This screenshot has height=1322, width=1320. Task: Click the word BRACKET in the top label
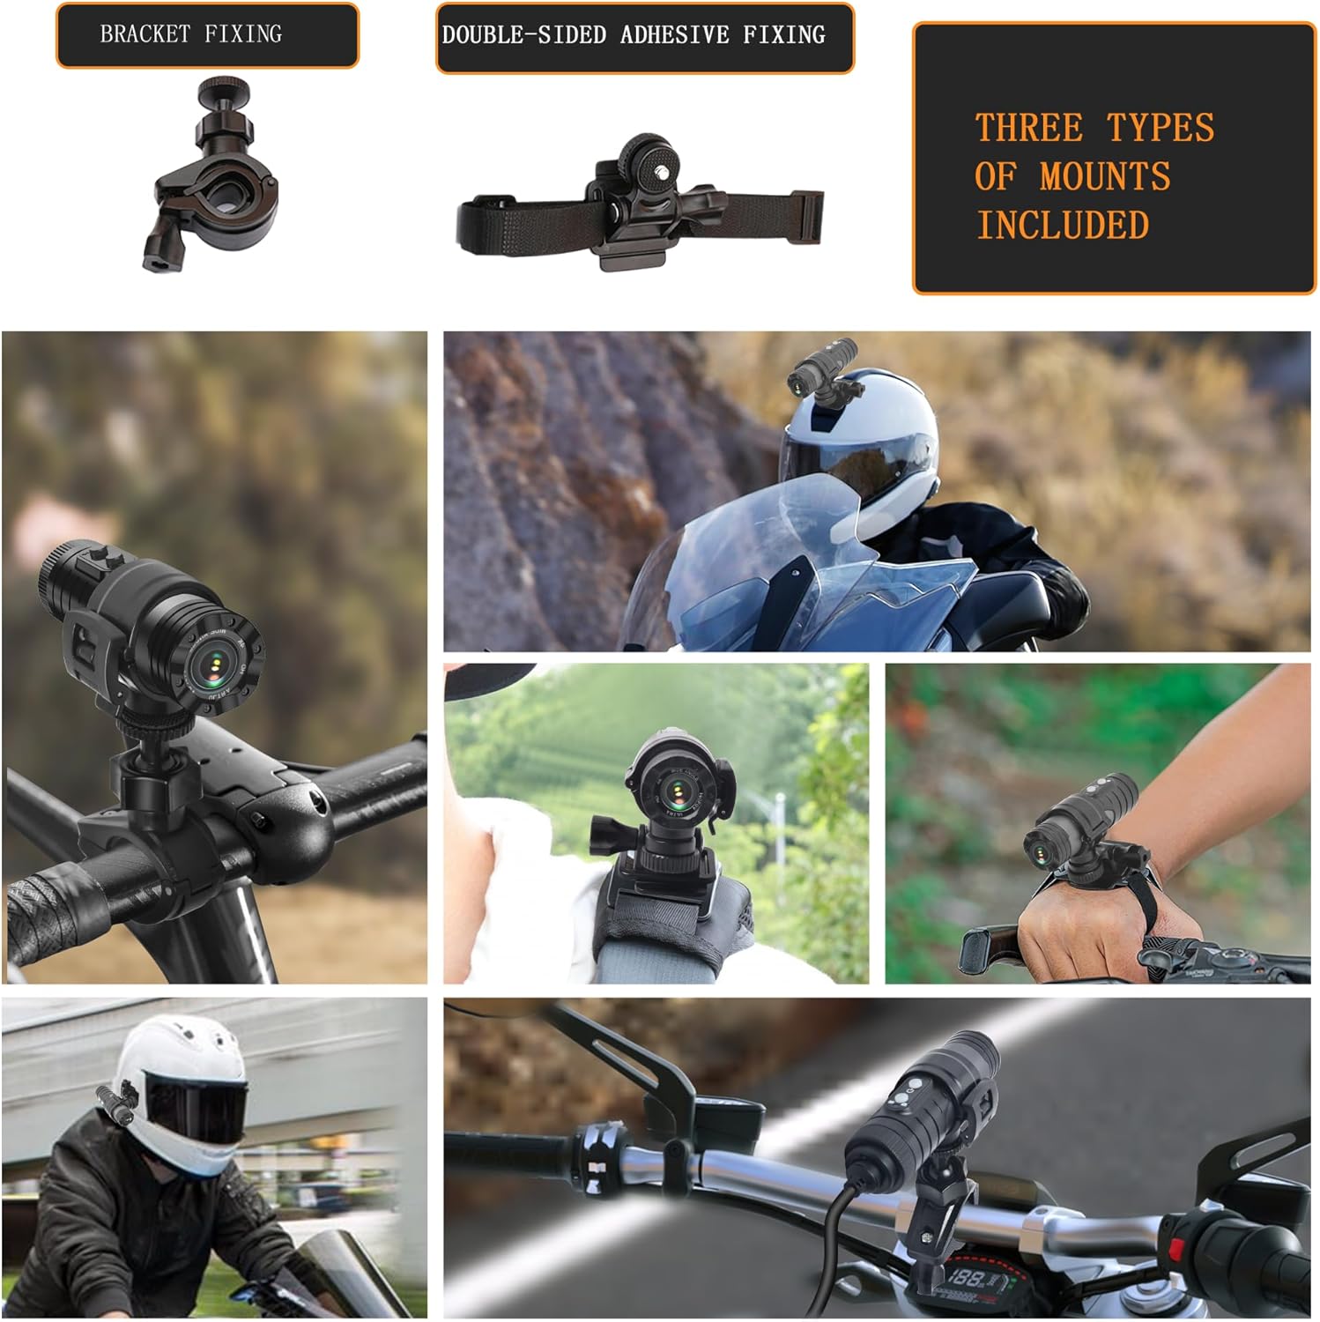point(145,34)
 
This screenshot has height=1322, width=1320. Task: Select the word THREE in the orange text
point(1028,129)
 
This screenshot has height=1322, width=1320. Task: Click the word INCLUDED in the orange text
point(1063,226)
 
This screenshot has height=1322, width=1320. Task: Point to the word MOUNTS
point(1105,177)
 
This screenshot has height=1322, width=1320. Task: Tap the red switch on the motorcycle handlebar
point(1175,1249)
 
